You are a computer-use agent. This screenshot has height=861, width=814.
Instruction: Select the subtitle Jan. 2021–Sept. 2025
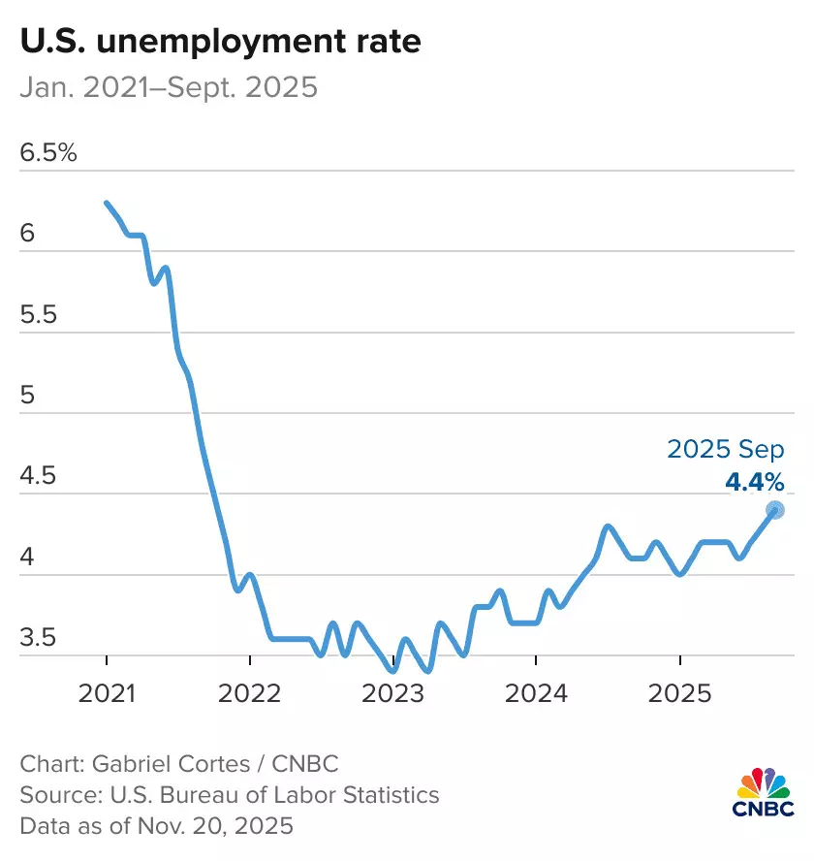(x=169, y=88)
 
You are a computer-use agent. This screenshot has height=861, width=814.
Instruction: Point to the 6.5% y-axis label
(x=47, y=153)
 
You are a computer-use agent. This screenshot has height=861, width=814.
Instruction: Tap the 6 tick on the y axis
(x=26, y=235)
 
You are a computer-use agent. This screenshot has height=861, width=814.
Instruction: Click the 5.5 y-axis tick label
(x=39, y=315)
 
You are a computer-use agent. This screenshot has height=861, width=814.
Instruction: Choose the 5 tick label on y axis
(x=26, y=397)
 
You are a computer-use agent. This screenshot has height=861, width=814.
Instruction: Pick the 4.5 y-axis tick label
(x=39, y=477)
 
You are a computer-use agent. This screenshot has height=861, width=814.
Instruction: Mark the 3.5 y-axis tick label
(x=39, y=639)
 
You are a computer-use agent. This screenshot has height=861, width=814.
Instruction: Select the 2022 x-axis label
(x=250, y=695)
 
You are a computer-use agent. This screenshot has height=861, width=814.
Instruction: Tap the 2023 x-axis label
(x=393, y=695)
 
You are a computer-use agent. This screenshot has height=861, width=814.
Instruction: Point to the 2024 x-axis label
(x=537, y=695)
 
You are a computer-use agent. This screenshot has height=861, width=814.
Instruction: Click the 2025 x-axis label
(x=680, y=695)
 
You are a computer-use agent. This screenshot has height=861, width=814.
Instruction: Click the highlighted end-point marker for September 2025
(x=775, y=510)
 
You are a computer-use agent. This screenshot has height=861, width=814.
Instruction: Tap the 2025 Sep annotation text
(x=726, y=450)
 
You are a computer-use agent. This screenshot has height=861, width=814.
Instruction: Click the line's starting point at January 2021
(x=106, y=203)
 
